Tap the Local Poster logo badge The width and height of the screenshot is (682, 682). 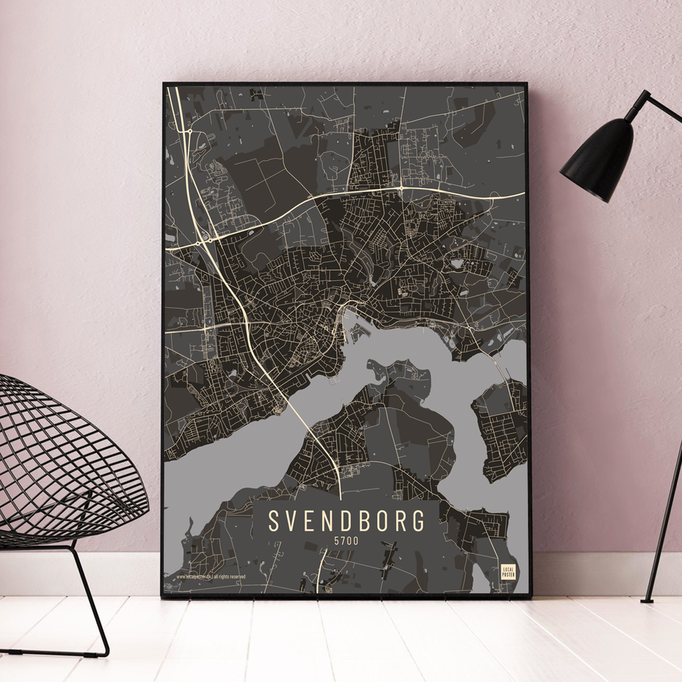click(507, 572)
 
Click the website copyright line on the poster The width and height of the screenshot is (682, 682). click(211, 577)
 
